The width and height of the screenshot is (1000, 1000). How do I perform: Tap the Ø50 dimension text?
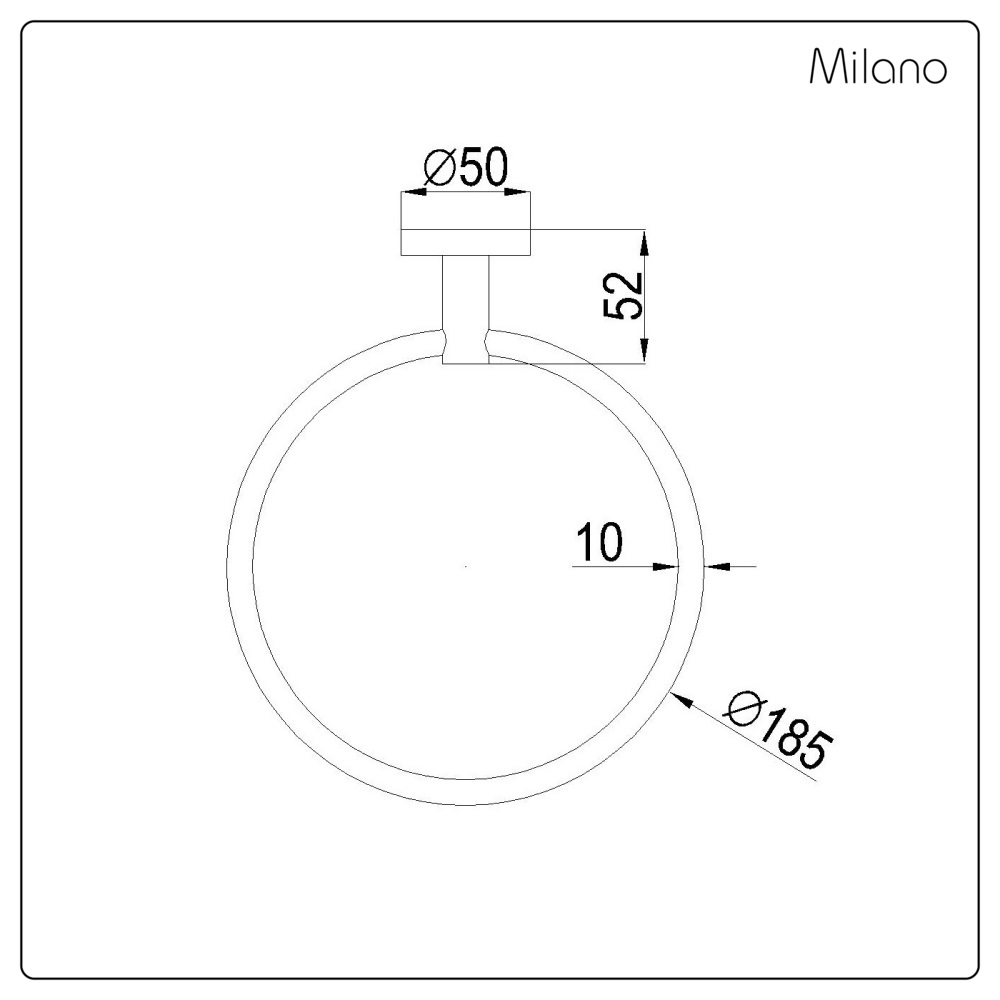coord(465,169)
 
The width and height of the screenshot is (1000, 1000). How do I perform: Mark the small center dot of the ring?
coord(466,567)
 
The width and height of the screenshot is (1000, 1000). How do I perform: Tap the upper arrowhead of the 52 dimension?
coord(645,241)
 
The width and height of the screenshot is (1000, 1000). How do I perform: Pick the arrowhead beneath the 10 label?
coord(668,566)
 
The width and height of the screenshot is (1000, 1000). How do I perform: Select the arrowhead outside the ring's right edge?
coord(716,566)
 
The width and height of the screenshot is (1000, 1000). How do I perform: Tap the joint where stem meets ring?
coord(466,346)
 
